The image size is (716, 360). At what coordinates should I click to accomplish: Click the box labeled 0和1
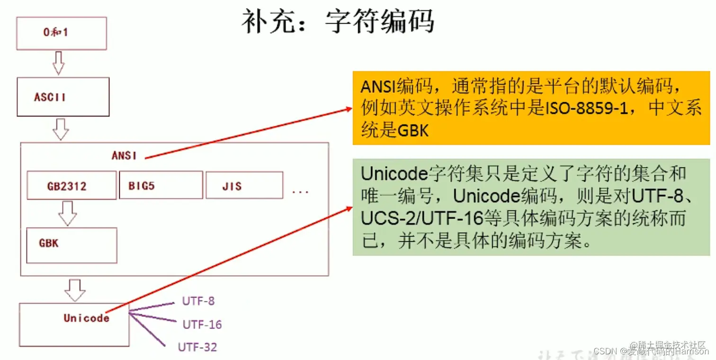pyautogui.click(x=62, y=34)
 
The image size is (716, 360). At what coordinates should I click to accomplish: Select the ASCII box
pyautogui.click(x=63, y=97)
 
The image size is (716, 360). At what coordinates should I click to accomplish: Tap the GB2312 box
pyautogui.click(x=72, y=186)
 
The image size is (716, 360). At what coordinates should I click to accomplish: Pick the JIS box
pyautogui.click(x=244, y=185)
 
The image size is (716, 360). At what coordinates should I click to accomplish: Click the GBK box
pyautogui.click(x=72, y=245)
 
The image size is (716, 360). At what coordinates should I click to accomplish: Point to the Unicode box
pyautogui.click(x=74, y=324)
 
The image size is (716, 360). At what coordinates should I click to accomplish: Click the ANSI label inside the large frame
pyautogui.click(x=124, y=155)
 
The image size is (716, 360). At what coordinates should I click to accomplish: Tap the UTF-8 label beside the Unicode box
pyautogui.click(x=198, y=301)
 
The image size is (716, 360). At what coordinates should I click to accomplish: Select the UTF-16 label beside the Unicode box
pyautogui.click(x=202, y=324)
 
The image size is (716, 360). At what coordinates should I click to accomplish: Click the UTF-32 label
pyautogui.click(x=197, y=347)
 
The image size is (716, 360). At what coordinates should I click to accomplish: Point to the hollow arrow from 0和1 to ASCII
pyautogui.click(x=59, y=63)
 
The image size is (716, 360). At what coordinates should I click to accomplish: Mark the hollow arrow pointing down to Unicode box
pyautogui.click(x=75, y=290)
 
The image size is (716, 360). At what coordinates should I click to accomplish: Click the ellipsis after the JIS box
pyautogui.click(x=300, y=191)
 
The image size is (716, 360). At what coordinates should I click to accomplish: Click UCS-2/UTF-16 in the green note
pyautogui.click(x=421, y=218)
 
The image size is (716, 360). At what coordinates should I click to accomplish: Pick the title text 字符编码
pyautogui.click(x=379, y=22)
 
